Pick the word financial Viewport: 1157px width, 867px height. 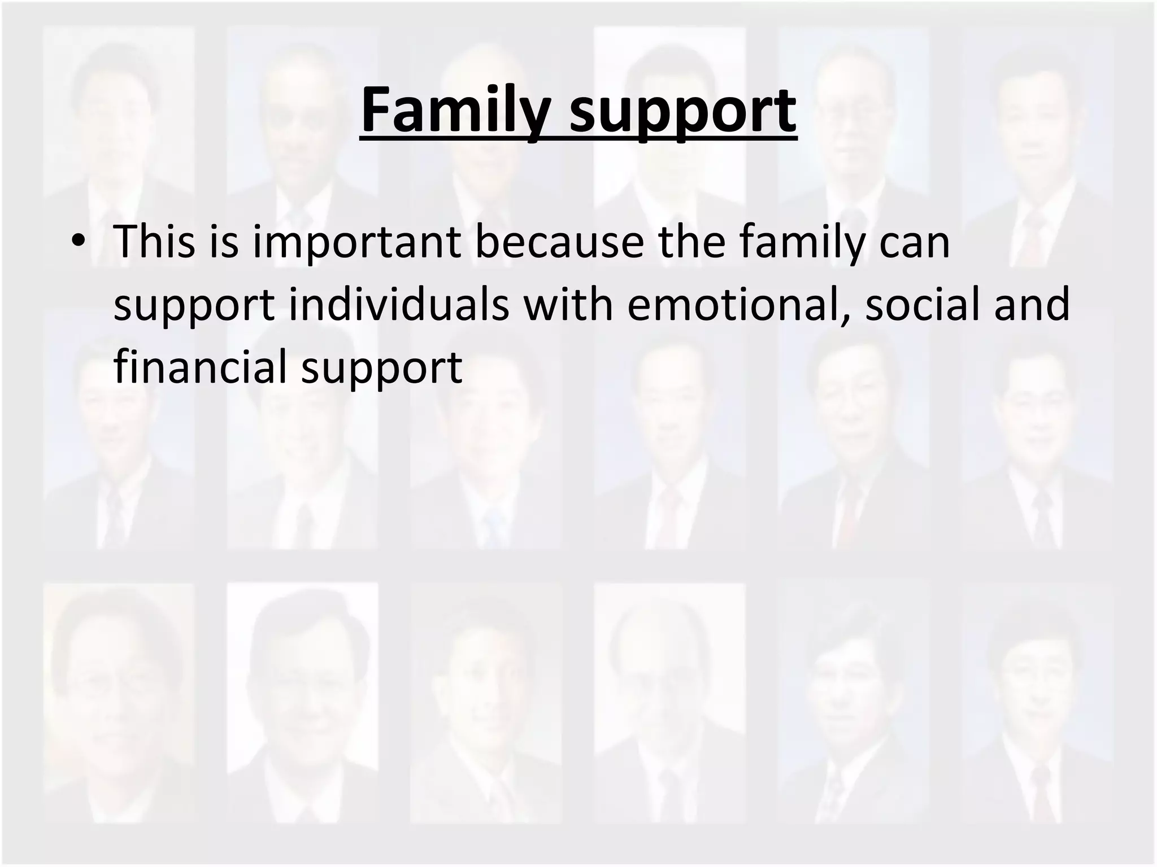tap(202, 366)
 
